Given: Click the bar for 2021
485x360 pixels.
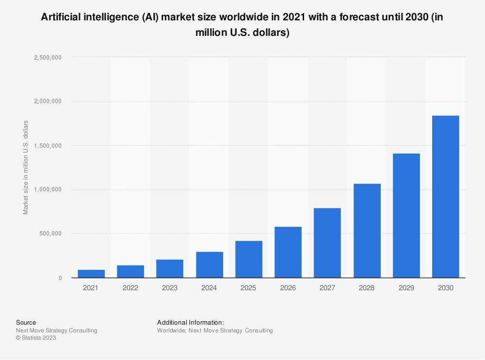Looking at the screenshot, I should click(x=91, y=274).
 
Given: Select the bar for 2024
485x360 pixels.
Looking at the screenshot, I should click(x=210, y=265).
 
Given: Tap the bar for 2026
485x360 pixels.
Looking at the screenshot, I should click(x=288, y=252).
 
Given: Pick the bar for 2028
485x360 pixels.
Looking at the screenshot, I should click(x=367, y=231).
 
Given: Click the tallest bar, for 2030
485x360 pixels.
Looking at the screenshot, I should click(x=445, y=197).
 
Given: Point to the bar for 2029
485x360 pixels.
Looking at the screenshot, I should click(x=406, y=216).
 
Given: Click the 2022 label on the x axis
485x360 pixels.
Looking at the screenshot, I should click(x=130, y=288).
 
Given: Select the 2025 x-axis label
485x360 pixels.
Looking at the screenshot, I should click(x=248, y=288).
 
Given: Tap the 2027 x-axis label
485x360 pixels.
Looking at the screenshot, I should click(x=327, y=288).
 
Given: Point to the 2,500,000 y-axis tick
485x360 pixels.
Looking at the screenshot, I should click(x=48, y=57).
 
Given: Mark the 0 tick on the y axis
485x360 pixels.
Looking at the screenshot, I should click(x=60, y=278).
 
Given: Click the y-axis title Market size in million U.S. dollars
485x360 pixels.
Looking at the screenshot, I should click(x=26, y=168).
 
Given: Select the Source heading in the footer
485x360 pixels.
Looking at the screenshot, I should click(x=26, y=322).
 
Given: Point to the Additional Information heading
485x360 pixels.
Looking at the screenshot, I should click(x=190, y=322).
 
